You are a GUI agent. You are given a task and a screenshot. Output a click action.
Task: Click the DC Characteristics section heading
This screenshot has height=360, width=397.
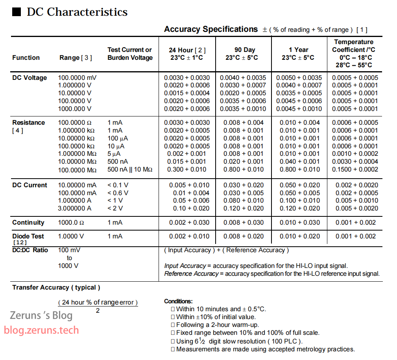(77, 12)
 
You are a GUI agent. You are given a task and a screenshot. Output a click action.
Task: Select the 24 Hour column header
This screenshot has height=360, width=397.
(187, 54)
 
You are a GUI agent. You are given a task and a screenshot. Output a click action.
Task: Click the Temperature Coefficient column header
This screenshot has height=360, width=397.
(353, 53)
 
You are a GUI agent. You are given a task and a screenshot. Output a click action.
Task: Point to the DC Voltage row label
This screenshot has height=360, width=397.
(30, 78)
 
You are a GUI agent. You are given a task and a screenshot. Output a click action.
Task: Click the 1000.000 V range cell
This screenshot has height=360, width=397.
(75, 109)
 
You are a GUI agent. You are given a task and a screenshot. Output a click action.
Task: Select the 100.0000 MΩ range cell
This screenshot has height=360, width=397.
(77, 169)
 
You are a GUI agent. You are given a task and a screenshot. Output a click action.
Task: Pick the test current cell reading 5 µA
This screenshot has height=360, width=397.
(114, 154)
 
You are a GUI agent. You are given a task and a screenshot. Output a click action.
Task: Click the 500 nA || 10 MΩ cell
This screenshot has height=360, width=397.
(130, 169)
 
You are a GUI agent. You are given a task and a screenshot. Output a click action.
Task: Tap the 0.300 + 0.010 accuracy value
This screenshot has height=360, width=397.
(186, 169)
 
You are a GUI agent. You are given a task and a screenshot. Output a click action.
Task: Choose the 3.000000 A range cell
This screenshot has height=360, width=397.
(75, 208)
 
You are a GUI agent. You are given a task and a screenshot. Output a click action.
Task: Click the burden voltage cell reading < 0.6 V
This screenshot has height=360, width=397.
(118, 193)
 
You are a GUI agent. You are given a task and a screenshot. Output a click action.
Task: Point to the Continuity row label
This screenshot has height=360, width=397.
(28, 222)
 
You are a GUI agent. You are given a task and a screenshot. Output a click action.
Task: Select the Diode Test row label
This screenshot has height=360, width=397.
(28, 236)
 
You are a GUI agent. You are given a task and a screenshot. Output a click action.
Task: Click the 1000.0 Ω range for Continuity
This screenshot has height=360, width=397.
(71, 222)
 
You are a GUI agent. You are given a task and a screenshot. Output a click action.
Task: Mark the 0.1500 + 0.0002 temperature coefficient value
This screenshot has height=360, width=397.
(355, 169)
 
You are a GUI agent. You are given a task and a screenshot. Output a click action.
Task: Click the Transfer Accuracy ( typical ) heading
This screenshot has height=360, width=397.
(56, 288)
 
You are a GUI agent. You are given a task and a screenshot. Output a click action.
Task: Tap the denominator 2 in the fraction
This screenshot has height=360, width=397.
(98, 311)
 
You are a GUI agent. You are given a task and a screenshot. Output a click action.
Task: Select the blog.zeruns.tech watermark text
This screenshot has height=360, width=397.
(41, 330)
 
